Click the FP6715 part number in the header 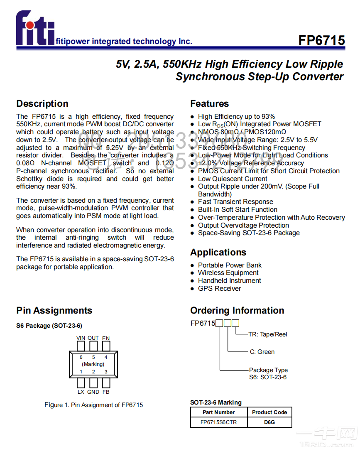tap(321, 40)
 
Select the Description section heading tap(42, 104)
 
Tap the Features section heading tap(209, 104)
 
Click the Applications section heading tap(218, 253)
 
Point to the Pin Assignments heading tap(54, 311)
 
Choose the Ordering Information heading tap(237, 311)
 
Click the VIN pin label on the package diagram tap(81, 338)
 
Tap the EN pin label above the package tap(106, 338)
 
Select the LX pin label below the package tap(81, 392)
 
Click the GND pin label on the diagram tap(93, 392)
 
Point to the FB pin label tap(106, 392)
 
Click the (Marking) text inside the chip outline tap(93, 364)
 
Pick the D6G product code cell tap(269, 422)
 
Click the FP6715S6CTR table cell tap(219, 422)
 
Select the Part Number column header tap(219, 412)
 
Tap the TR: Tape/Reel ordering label tap(267, 334)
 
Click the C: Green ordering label tap(262, 352)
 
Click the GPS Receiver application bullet tap(219, 289)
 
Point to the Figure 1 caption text tap(93, 405)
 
